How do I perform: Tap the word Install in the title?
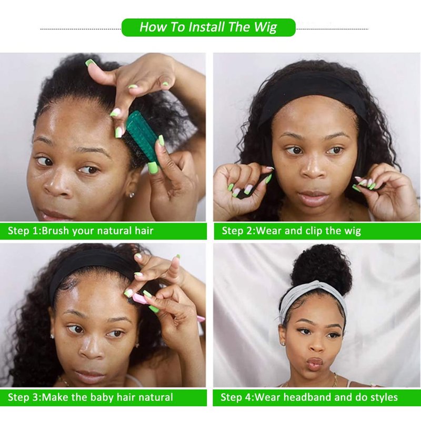(x=206, y=27)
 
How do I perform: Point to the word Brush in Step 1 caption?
(x=55, y=230)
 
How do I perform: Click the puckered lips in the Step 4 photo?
(x=315, y=363)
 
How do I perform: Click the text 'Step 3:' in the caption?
(x=24, y=397)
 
